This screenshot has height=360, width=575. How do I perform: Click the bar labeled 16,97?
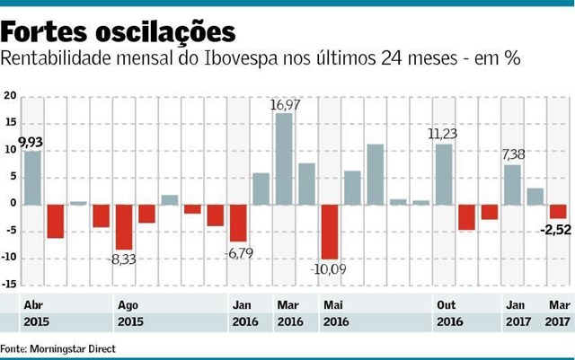coord(284,159)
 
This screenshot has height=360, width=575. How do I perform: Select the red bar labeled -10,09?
coord(330,231)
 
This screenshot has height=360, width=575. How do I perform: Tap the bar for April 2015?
coord(32,177)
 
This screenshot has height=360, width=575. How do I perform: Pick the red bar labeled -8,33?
coord(124,226)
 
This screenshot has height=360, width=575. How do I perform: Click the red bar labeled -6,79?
coord(238,223)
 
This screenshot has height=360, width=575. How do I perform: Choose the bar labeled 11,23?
coord(444,173)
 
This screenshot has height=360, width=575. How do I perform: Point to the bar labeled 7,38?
coord(512,184)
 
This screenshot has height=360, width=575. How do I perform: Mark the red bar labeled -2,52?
coord(558,211)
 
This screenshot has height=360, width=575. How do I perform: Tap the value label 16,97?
coord(286,105)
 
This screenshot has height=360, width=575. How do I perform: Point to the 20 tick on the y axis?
coord(10,95)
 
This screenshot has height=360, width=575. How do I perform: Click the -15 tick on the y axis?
coord(10,285)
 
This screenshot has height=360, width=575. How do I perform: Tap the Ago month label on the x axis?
coord(128,304)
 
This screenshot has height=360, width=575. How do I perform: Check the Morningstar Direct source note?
coord(58,347)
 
